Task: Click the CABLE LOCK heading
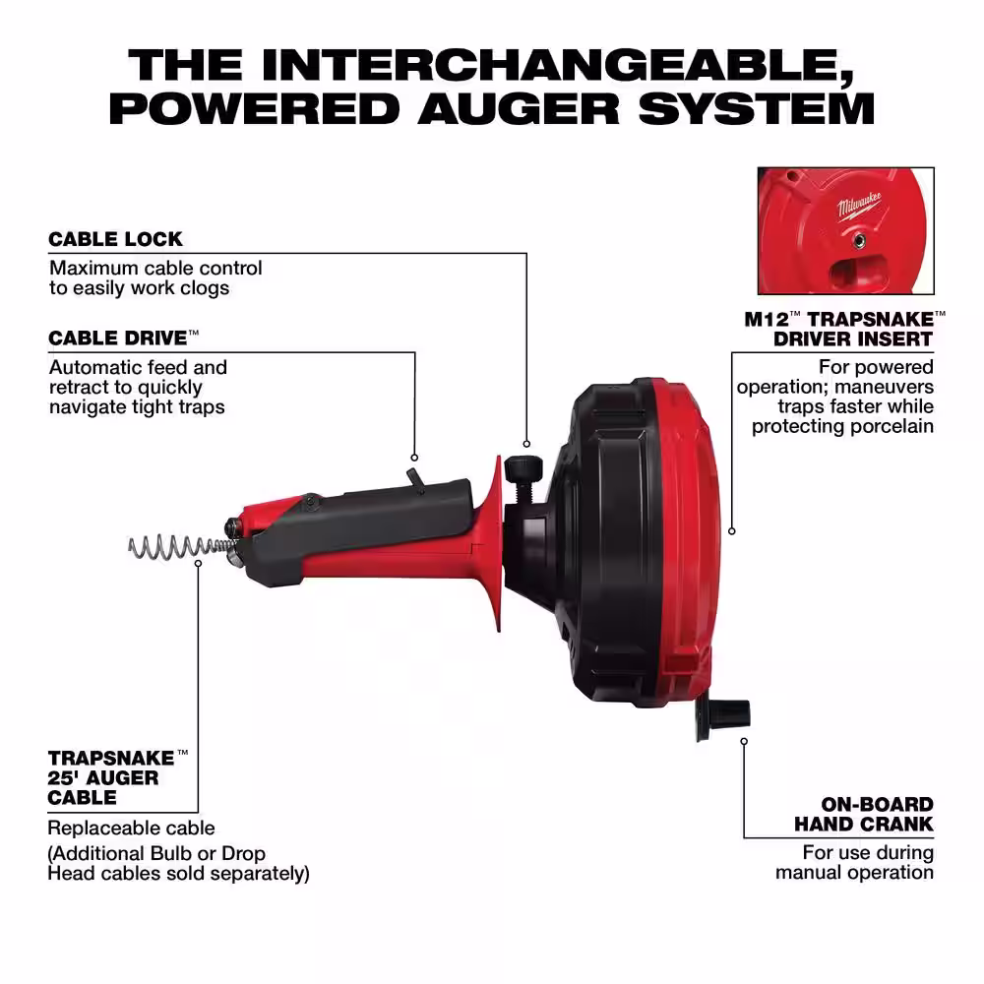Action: pos(115,239)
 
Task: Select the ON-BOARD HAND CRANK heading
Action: pos(864,814)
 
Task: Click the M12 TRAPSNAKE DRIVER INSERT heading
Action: pos(844,329)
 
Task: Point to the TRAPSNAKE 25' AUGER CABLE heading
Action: pos(117,777)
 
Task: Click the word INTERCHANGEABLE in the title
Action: pos(557,65)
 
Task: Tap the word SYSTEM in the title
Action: pos(757,108)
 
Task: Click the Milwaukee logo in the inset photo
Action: pos(859,207)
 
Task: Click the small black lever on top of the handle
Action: pos(415,479)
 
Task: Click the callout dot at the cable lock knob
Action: pos(526,444)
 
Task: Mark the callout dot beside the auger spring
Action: pos(199,564)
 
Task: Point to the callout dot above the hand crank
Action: pos(744,741)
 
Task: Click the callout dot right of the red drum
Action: pos(732,531)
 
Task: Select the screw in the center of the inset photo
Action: pos(860,239)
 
